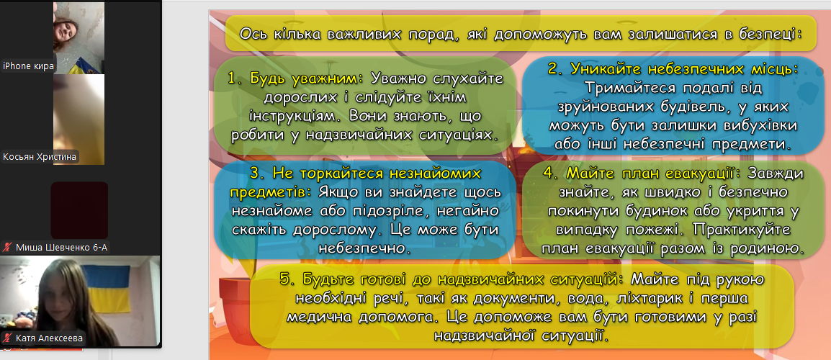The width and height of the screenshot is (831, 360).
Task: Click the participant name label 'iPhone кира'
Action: [x=28, y=66]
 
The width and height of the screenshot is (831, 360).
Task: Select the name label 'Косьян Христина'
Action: [x=40, y=157]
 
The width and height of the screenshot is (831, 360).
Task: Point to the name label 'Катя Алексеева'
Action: [x=49, y=338]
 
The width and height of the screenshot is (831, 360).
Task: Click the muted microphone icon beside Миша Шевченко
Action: [x=8, y=247]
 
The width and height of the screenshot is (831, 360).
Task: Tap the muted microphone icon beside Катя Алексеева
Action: [x=8, y=338]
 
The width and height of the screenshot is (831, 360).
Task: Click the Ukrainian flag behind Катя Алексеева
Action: [x=107, y=289]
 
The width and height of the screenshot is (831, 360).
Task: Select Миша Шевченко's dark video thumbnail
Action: [x=79, y=210]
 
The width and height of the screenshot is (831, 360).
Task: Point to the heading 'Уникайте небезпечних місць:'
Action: [x=672, y=69]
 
